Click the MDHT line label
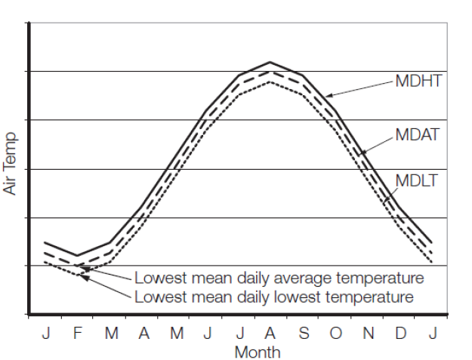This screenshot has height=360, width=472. (x=418, y=81)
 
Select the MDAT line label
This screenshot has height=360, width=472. (x=418, y=136)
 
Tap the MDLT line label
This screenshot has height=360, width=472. (x=417, y=181)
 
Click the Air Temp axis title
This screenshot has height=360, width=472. (x=10, y=163)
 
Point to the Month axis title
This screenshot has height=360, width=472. (x=258, y=352)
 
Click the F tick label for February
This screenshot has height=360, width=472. (x=77, y=334)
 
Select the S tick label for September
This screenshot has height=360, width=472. (x=303, y=334)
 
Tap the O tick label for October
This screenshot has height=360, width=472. (x=335, y=334)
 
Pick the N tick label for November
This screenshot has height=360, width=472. (x=368, y=334)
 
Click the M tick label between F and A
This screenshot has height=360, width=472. (x=110, y=334)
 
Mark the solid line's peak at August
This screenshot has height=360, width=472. (x=270, y=62)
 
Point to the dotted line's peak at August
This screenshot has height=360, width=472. (x=270, y=81)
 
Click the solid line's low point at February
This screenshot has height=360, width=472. (x=77, y=256)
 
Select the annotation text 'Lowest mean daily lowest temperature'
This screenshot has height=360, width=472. (x=274, y=297)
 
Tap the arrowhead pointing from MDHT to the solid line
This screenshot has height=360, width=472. (x=329, y=96)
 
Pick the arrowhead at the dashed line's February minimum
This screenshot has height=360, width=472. (x=82, y=265)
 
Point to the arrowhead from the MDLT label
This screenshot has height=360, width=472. (x=384, y=202)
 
